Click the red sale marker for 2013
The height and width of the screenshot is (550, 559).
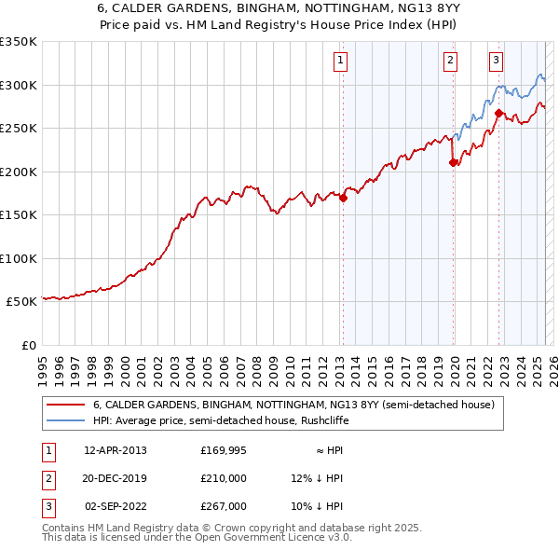click(x=343, y=198)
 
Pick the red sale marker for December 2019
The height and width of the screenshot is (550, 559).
click(x=454, y=162)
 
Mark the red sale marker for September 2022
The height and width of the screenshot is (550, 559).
click(x=498, y=114)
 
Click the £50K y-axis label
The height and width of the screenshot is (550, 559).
click(x=20, y=302)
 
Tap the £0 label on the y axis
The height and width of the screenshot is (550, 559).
click(x=28, y=345)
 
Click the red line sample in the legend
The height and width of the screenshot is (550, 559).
click(x=66, y=405)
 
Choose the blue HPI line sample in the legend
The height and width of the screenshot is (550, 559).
click(x=66, y=420)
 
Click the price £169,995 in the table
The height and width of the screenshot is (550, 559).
click(x=224, y=450)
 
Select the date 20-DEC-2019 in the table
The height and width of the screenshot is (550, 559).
click(x=116, y=478)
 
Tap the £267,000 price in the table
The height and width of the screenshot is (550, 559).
click(x=224, y=506)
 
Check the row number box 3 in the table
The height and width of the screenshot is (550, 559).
click(x=47, y=506)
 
